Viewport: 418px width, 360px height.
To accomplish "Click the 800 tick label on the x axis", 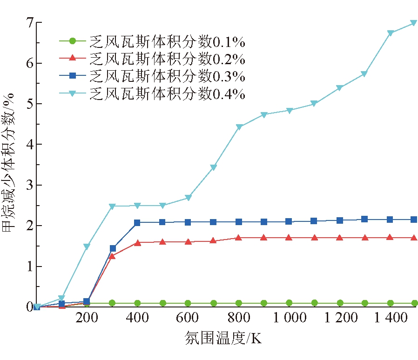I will [238, 318].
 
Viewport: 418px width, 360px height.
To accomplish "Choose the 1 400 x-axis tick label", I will [390, 318].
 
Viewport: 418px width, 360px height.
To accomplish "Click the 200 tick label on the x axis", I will [87, 318].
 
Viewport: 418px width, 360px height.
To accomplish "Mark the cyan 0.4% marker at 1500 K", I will [413, 23].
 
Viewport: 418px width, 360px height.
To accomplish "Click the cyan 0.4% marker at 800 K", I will [239, 127].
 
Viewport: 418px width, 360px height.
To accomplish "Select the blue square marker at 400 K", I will [137, 223].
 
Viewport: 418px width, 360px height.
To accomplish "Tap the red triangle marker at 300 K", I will [112, 256].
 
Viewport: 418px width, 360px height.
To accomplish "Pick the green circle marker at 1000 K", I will [289, 303].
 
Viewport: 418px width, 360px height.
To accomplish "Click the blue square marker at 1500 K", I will [413, 219].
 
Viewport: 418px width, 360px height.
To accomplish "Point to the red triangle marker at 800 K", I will [239, 238].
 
